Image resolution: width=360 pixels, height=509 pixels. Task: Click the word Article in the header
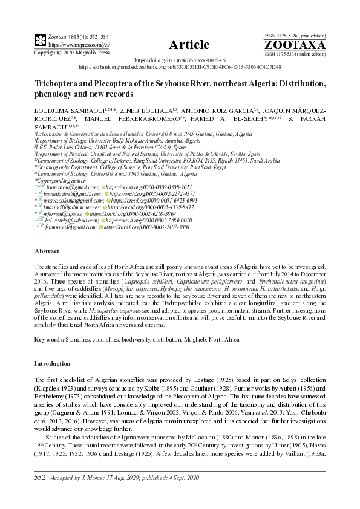189,44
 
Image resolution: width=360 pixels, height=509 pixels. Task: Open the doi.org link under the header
179,61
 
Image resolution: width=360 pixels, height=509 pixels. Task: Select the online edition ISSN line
295,53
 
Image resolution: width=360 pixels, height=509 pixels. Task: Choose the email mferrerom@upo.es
62,214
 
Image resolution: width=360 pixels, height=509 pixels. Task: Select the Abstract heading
47,250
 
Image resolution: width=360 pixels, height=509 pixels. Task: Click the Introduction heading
52,364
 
